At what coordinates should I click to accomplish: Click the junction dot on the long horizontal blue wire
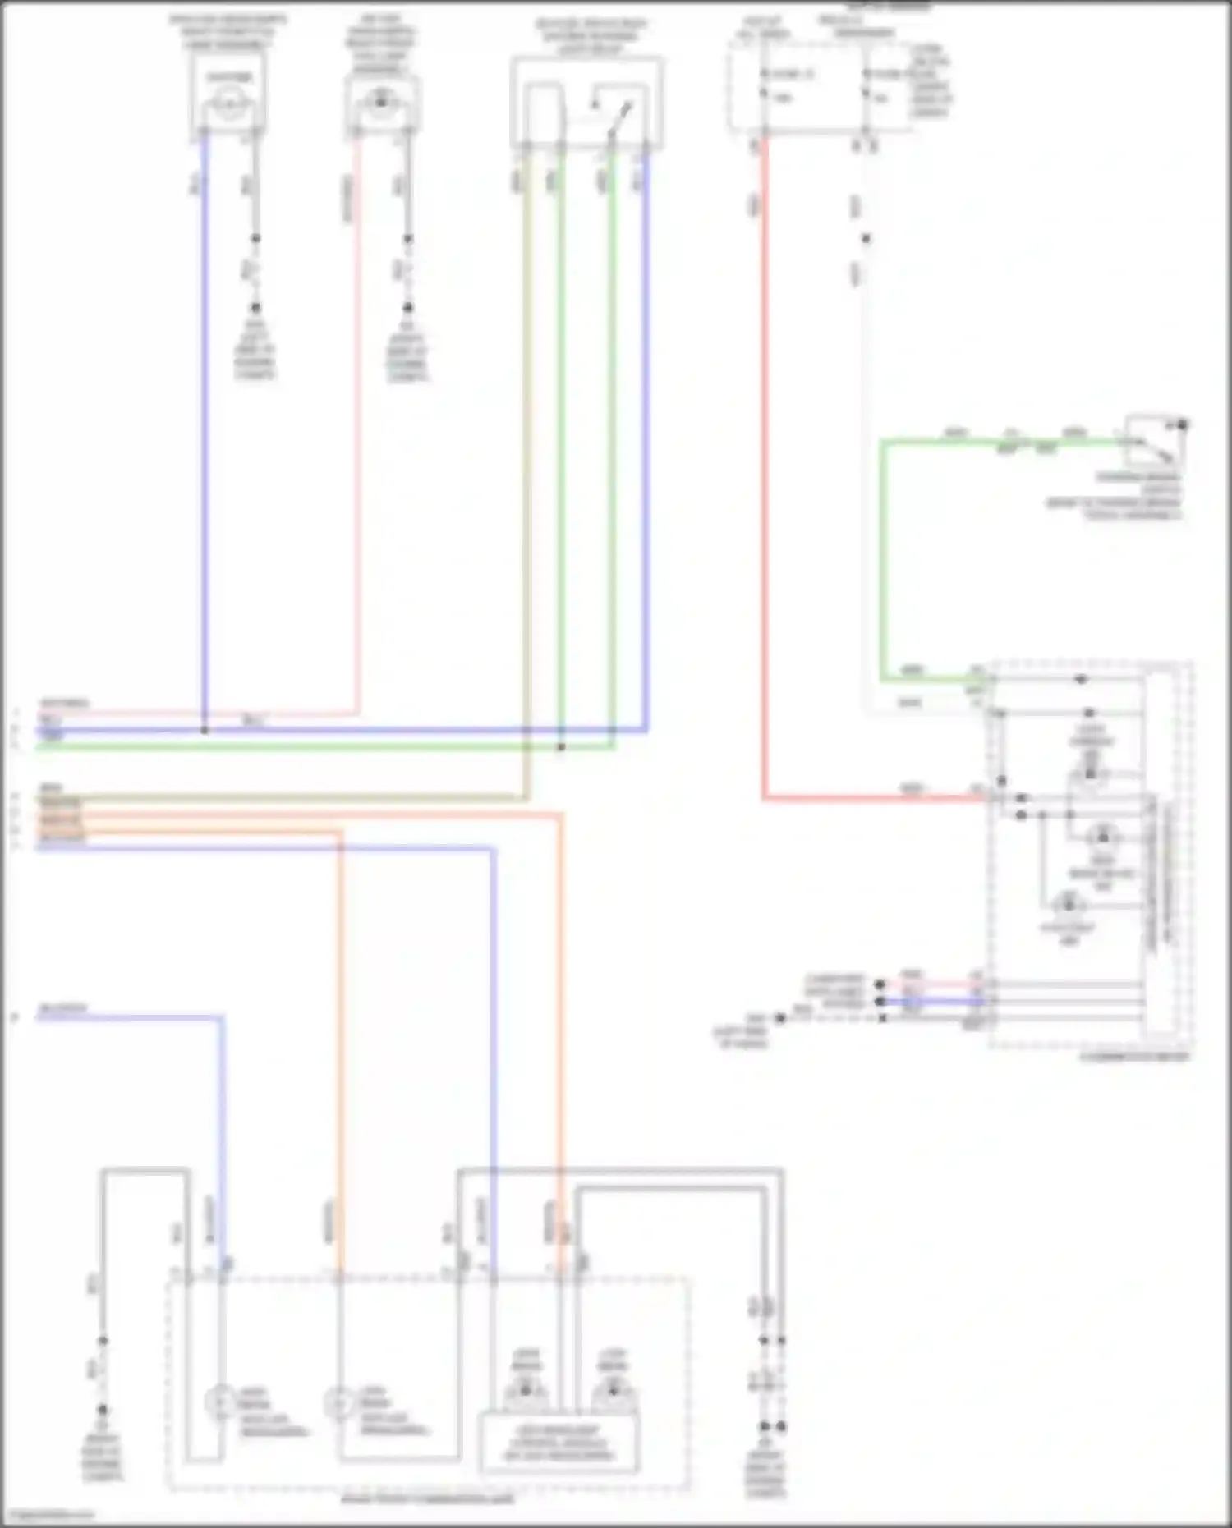205,729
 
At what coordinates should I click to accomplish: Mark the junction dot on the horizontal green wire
561,747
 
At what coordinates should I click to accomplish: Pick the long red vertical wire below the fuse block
765,493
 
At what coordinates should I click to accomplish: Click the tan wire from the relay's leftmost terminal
526,493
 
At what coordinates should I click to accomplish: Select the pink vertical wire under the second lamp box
357,452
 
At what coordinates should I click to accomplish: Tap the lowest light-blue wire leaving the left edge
131,1018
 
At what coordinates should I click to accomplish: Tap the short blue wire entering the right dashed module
945,1001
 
